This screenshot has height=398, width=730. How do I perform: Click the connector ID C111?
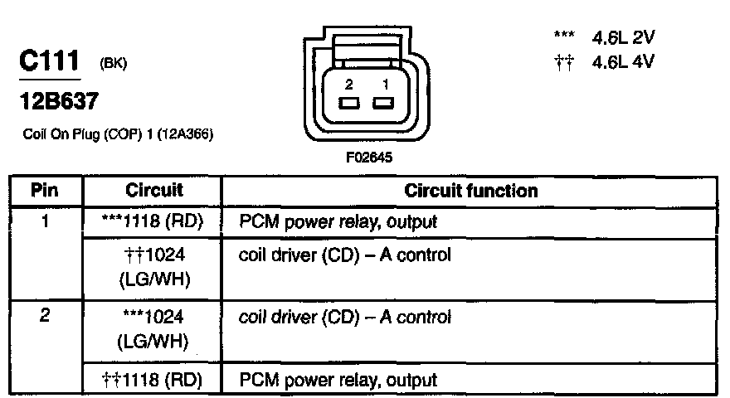click(49, 62)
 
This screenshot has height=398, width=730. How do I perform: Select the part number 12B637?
click(58, 103)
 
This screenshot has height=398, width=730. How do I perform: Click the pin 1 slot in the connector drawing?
click(382, 104)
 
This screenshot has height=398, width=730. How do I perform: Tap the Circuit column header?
click(153, 191)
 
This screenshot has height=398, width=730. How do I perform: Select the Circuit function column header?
click(470, 191)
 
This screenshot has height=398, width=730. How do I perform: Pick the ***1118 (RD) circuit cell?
click(153, 222)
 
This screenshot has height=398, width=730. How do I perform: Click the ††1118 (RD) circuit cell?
click(153, 380)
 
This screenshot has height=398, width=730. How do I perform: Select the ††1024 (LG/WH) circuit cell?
click(153, 267)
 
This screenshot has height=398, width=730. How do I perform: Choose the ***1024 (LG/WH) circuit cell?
click(153, 329)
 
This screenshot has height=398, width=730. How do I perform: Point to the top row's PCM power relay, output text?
click(338, 222)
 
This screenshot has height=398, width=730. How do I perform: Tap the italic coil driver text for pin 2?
click(344, 318)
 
